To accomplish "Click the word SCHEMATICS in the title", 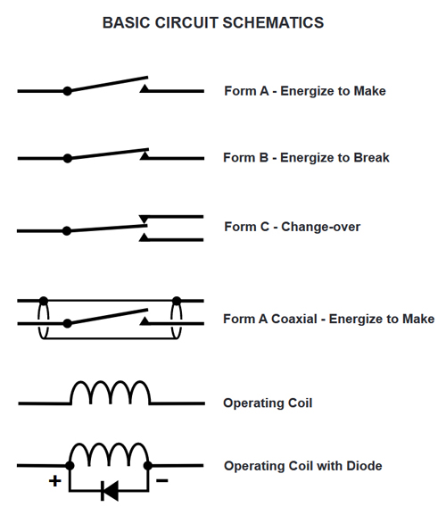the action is pyautogui.click(x=273, y=23).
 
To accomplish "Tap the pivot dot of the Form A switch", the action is pyautogui.click(x=67, y=91).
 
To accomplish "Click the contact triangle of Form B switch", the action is pyautogui.click(x=145, y=155).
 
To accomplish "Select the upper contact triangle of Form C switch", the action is pyautogui.click(x=144, y=220).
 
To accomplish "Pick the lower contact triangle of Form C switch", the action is pyautogui.click(x=144, y=237).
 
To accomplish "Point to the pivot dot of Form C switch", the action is pyautogui.click(x=67, y=231).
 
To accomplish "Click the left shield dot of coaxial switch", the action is pyautogui.click(x=44, y=301).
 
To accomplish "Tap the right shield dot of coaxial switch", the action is pyautogui.click(x=177, y=301).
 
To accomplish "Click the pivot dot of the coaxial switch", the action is pyautogui.click(x=67, y=323).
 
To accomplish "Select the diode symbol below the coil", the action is pyautogui.click(x=110, y=491).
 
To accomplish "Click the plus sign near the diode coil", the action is pyautogui.click(x=55, y=481).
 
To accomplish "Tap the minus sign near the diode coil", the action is pyautogui.click(x=162, y=480).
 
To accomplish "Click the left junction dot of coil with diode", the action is pyautogui.click(x=70, y=466).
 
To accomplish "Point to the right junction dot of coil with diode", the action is pyautogui.click(x=148, y=466).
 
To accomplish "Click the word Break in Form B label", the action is pyautogui.click(x=371, y=157).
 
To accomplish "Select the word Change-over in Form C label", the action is pyautogui.click(x=320, y=227).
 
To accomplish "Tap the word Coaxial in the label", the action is pyautogui.click(x=294, y=319).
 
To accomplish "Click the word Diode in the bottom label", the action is pyautogui.click(x=364, y=466).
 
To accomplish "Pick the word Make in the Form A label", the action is pyautogui.click(x=369, y=91).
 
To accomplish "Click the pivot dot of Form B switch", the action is pyautogui.click(x=67, y=159).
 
